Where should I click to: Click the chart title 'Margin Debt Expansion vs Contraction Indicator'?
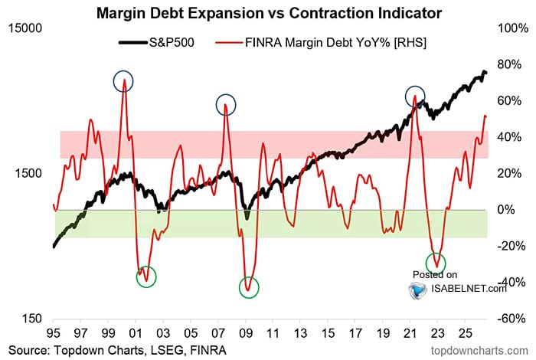pos(269,13)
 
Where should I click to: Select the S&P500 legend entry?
pos(156,42)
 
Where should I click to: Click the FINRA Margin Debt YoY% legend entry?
pos(321,42)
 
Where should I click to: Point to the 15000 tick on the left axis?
pos(25,28)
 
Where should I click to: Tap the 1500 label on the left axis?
pos(28,173)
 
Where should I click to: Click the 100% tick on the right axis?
pos(513,28)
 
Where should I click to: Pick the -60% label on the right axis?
pos(511,319)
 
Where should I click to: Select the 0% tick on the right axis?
pos(505,210)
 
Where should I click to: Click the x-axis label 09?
pos(246,332)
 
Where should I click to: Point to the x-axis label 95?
pos(53,332)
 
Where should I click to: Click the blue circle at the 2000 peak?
pos(123,72)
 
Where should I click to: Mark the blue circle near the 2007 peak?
pos(226,95)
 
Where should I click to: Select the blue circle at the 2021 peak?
pos(415,87)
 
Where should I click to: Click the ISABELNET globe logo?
pos(418,290)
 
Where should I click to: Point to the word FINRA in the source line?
pos(208,350)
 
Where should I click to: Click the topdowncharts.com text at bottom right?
pos(479,351)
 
